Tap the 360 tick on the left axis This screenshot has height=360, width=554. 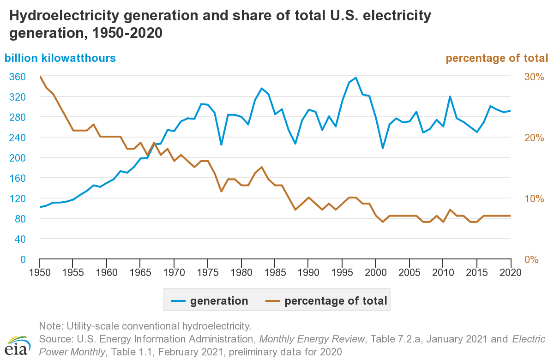click(17, 77)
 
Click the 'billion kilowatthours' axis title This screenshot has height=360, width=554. click(60, 58)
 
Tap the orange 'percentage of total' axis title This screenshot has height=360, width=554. click(497, 58)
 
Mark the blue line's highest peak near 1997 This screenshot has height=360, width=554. click(355, 78)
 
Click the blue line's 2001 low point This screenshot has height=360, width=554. click(382, 148)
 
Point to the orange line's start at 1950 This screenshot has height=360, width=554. click(40, 77)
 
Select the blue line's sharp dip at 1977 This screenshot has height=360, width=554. click(221, 145)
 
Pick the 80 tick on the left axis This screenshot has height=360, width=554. click(20, 219)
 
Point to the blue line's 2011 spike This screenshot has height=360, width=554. click(450, 96)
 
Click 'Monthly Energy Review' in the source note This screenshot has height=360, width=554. click(312, 339)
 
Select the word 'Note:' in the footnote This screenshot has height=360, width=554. click(50, 326)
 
